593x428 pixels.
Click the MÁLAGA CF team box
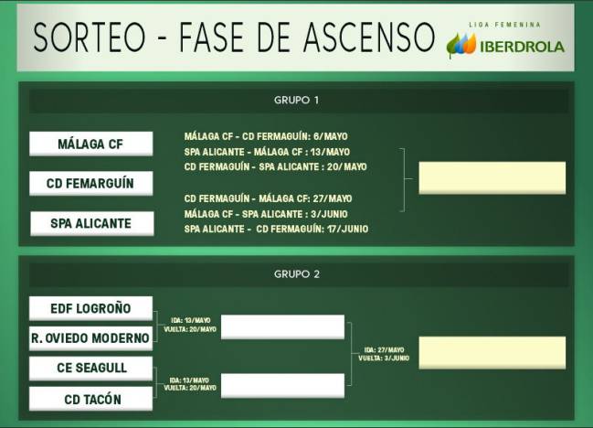click(91, 144)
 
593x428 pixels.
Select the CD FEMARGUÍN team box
click(91, 183)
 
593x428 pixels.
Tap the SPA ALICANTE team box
click(92, 223)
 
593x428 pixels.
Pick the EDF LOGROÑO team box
click(90, 308)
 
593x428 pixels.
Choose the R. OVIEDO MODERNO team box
click(90, 338)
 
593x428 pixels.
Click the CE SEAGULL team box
click(90, 368)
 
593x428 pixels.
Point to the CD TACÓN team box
click(90, 399)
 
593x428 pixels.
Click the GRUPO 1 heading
click(296, 101)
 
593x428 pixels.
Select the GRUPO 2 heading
click(297, 274)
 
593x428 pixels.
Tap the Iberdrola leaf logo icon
click(461, 46)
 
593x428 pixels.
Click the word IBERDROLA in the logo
click(523, 47)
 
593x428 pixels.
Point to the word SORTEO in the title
click(90, 37)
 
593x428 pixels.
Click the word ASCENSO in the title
click(369, 37)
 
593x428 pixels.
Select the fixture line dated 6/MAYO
click(266, 136)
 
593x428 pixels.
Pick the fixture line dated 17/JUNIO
click(276, 229)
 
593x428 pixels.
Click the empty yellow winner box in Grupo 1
click(492, 177)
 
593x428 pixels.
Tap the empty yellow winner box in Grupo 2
click(492, 353)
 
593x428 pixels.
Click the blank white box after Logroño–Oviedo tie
click(282, 326)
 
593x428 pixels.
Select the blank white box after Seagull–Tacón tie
click(282, 386)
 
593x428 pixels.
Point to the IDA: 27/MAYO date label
click(384, 350)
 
